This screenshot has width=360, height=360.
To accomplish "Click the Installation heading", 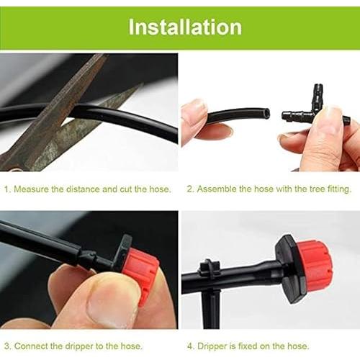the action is pos(185,27).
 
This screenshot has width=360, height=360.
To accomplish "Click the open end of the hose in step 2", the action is pos(265,113).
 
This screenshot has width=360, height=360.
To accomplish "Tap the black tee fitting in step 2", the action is pos(315,108).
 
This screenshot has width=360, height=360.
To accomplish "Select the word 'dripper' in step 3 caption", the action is pos(78,346).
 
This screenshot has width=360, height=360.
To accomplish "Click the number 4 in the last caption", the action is pos(190,346).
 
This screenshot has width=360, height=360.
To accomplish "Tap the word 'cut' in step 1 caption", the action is pos(126,189).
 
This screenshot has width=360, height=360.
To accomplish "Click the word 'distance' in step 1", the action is pos(83,189).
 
